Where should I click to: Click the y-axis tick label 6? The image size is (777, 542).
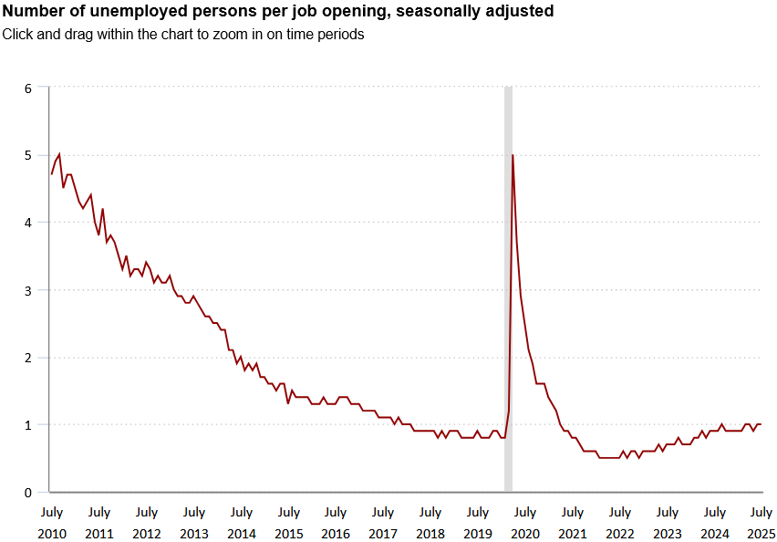coord(28,89)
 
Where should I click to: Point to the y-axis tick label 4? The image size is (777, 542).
coord(28,223)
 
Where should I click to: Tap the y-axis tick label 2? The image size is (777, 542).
coord(28,358)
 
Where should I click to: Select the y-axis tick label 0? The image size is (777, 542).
coord(28,493)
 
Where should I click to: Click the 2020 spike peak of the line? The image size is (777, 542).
coord(513,155)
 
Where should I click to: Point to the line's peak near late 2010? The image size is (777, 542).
coord(59,154)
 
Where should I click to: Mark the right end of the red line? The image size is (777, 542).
coord(761,424)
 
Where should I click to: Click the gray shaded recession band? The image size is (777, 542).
coord(508,274)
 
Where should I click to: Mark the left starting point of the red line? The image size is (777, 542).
coord(52,174)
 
